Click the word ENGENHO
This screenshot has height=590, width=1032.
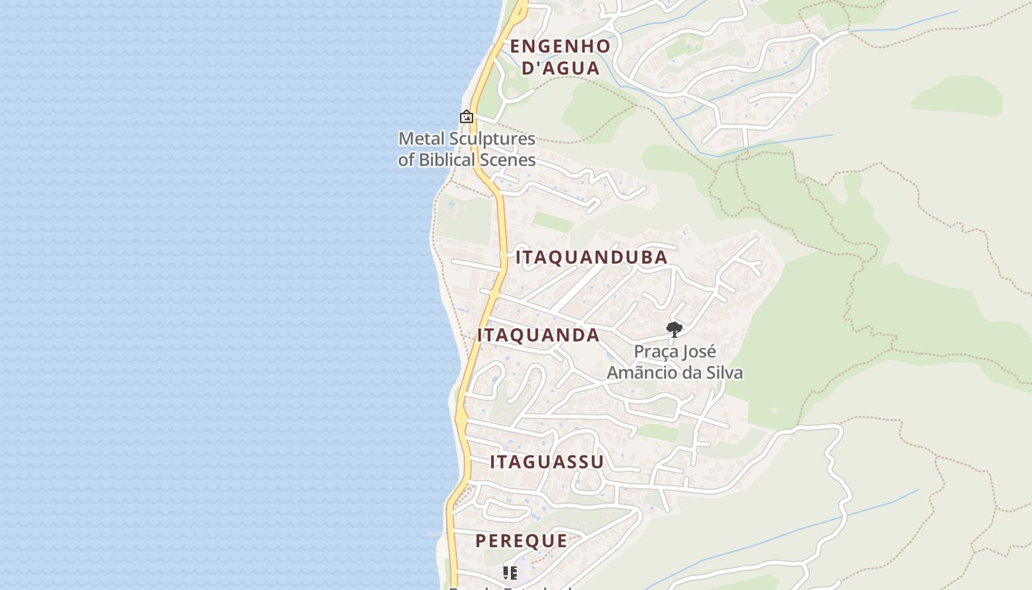tap(560, 46)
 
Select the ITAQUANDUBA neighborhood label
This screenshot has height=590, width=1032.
tap(591, 257)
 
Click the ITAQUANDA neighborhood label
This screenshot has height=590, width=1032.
tap(538, 335)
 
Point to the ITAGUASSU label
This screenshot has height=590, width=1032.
tap(547, 462)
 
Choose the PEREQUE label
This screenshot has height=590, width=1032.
tap(521, 541)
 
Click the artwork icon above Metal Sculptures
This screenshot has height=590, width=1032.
tap(466, 117)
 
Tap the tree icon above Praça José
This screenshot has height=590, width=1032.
tap(674, 329)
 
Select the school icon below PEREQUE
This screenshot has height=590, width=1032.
tap(509, 572)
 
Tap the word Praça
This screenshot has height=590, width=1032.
tap(655, 351)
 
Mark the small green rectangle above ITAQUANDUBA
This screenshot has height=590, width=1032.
tap(553, 221)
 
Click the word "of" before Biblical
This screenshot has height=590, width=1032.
tap(406, 159)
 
